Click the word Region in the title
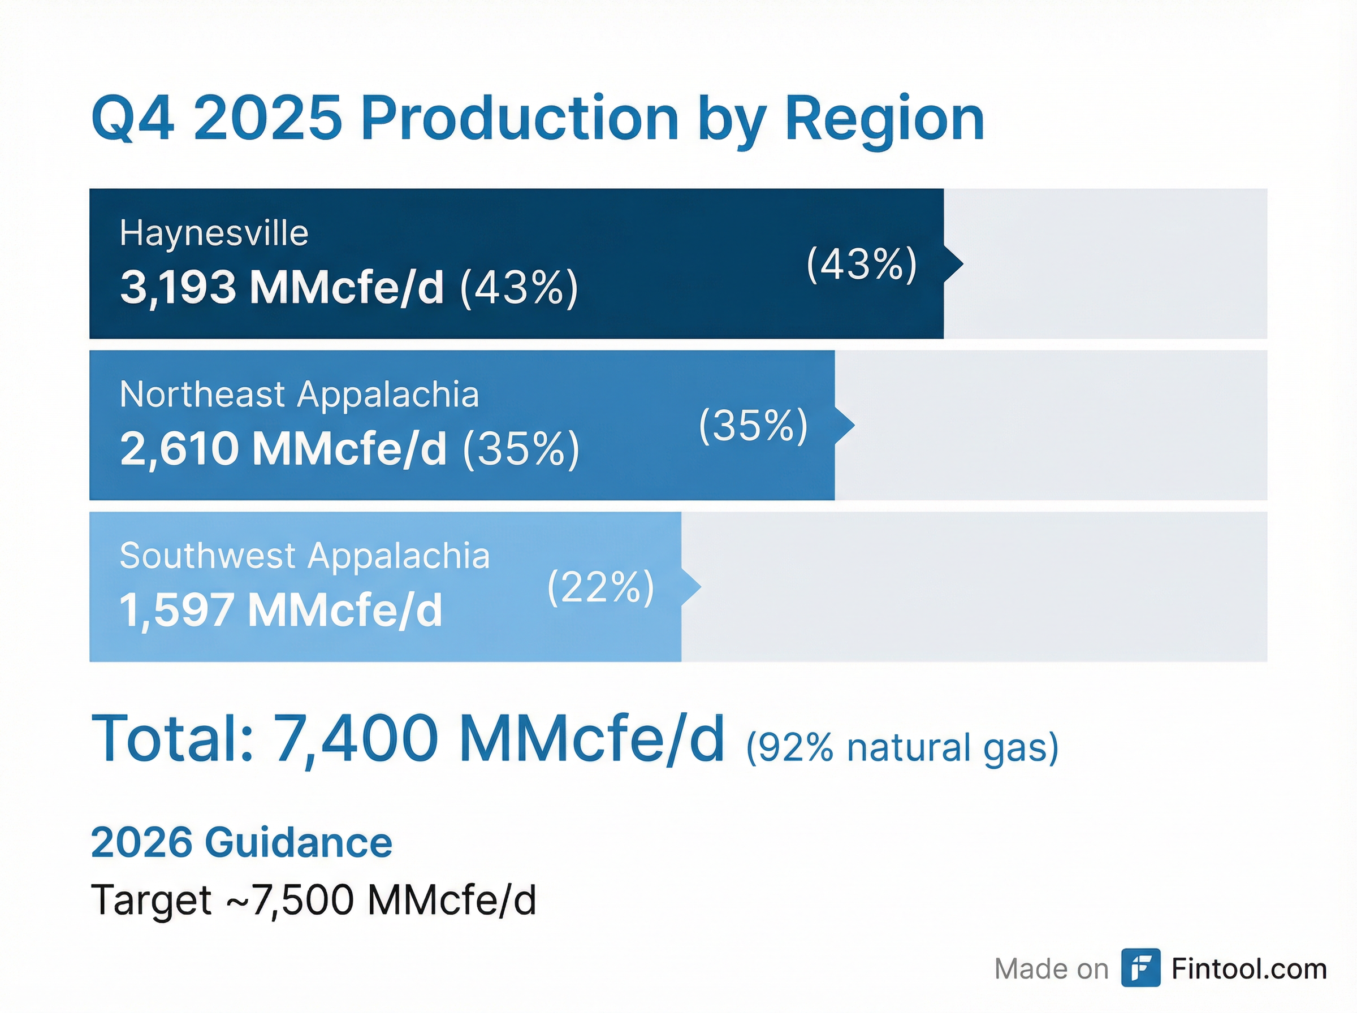click(x=884, y=120)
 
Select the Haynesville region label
click(x=213, y=233)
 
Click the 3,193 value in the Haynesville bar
click(x=178, y=287)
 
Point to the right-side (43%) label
click(x=861, y=265)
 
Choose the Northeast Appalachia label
click(x=299, y=393)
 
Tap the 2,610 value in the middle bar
click(x=179, y=448)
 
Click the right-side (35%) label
click(x=753, y=426)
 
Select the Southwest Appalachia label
click(x=304, y=556)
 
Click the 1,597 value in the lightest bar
click(x=175, y=610)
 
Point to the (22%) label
click(x=600, y=587)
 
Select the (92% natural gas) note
click(x=901, y=747)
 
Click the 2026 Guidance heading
click(x=241, y=842)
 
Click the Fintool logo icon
click(x=1140, y=968)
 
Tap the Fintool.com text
click(x=1248, y=969)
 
